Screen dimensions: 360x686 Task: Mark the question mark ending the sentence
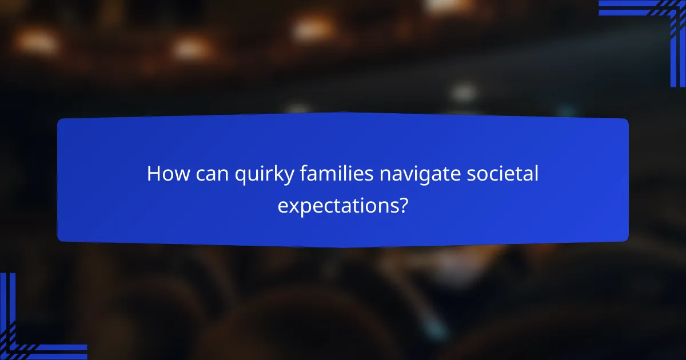(404, 204)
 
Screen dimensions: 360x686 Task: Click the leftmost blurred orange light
(35, 41)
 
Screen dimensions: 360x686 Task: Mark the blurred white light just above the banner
(463, 91)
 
